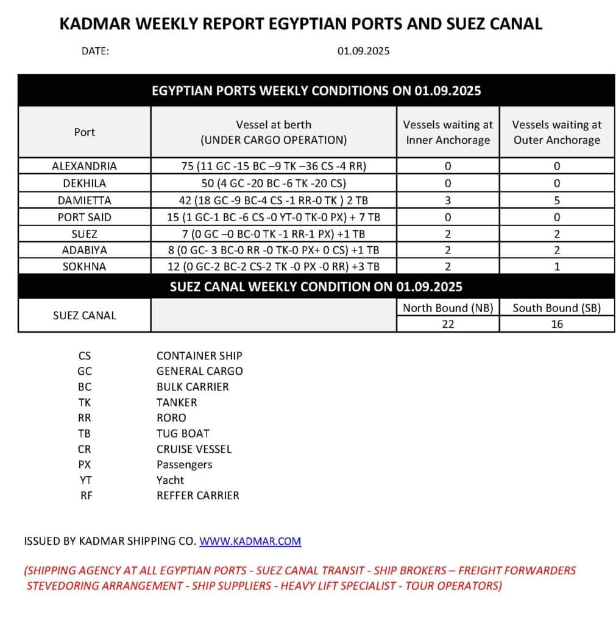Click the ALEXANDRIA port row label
tap(84, 166)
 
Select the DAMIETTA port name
tap(84, 200)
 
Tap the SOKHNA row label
tap(84, 266)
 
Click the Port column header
tap(84, 132)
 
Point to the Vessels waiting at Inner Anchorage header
tap(448, 132)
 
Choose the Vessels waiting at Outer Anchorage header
tap(556, 132)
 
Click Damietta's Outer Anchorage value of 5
tap(556, 200)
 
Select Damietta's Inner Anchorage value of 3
tap(448, 200)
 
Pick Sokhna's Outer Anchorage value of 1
tap(556, 266)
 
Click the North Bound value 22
tap(448, 324)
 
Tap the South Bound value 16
tap(556, 324)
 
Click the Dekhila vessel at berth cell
tap(274, 183)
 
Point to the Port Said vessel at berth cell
tap(274, 216)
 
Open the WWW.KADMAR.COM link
tap(250, 541)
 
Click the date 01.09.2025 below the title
tap(364, 51)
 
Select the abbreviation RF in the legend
tap(86, 495)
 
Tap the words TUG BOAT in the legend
tap(183, 433)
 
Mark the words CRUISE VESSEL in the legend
tap(194, 449)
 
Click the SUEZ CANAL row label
tap(84, 316)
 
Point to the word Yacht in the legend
tap(170, 480)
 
